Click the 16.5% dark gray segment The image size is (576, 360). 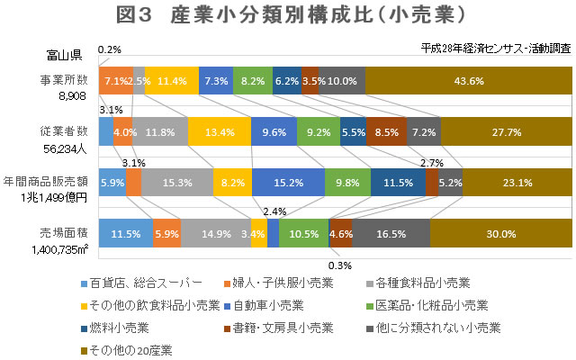point(391,232)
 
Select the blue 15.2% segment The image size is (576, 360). point(288,182)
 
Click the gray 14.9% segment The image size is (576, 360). point(215,232)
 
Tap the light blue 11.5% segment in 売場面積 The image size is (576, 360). point(125,232)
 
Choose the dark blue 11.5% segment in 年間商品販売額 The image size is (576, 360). point(398,182)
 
